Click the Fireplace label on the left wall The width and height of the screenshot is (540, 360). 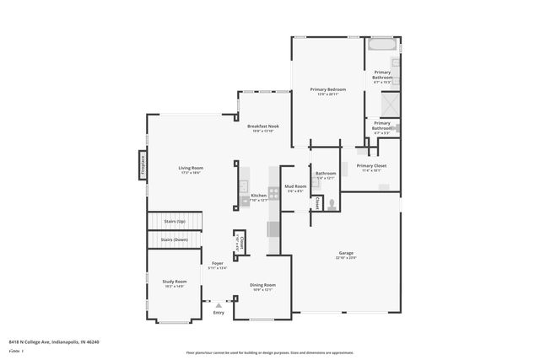pyautogui.click(x=143, y=164)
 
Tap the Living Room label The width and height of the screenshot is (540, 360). pyautogui.click(x=191, y=168)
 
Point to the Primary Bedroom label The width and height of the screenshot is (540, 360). pyautogui.click(x=327, y=89)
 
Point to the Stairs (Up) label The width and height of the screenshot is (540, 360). pyautogui.click(x=175, y=221)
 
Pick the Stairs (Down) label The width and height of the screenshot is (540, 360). pyautogui.click(x=175, y=240)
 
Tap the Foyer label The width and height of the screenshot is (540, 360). pyautogui.click(x=217, y=264)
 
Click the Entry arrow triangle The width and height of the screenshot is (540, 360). pyautogui.click(x=219, y=304)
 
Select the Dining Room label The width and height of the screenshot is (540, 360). pyautogui.click(x=262, y=285)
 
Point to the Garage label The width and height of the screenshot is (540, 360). pyautogui.click(x=347, y=253)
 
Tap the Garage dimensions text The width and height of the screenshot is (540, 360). pyautogui.click(x=347, y=258)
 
